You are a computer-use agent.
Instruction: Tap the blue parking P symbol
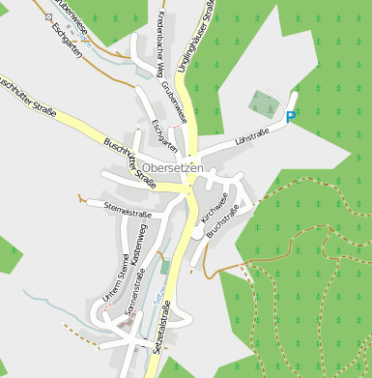[291, 117]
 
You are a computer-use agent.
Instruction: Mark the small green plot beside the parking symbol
[262, 102]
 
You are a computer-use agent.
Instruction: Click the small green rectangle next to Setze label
[165, 265]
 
